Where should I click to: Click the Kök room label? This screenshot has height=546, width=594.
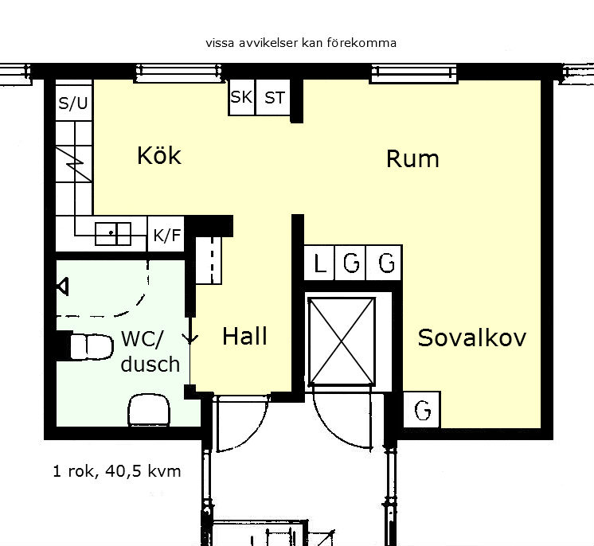pos(159,155)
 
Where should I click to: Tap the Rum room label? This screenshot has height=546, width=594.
pos(412,158)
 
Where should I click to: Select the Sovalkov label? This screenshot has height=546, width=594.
pos(471,337)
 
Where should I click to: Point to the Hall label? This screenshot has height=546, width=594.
pos(244,336)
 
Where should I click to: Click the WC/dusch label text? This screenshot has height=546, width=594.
pos(150,351)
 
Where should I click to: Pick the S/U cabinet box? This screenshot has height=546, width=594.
pos(74,101)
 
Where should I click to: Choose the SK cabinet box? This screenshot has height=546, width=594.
pos(242,97)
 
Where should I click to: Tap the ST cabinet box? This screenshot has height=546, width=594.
pos(274,97)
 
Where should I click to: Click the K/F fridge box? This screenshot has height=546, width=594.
pos(166,234)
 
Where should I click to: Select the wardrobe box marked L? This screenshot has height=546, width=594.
pos(320,263)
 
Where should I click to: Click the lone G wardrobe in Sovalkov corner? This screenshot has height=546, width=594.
pos(422,410)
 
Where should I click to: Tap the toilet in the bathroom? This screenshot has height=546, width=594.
pos(92,346)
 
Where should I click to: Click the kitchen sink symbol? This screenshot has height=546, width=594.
pos(113,234)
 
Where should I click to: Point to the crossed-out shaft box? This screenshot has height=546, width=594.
pos(342,342)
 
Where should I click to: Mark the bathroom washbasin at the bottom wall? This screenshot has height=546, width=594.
pos(149,410)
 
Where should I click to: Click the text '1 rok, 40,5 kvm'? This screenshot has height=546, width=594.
pos(117,471)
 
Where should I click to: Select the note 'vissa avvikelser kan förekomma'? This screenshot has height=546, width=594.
pos(301,43)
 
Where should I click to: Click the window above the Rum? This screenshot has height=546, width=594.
pos(414,73)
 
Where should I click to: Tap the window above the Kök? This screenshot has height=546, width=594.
pos(178,72)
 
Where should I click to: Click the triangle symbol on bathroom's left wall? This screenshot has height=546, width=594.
pos(63,287)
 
